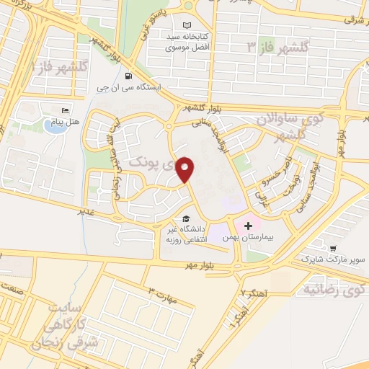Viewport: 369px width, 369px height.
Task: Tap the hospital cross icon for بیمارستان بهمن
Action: [x=249, y=226]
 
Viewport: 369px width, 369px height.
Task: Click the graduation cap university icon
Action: [x=185, y=218]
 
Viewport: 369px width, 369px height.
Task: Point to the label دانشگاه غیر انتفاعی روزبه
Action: [x=189, y=234]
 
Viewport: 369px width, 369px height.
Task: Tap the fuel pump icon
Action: [x=128, y=76]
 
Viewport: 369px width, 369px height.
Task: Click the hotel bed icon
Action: [x=66, y=110]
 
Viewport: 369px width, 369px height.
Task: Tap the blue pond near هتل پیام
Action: [x=53, y=127]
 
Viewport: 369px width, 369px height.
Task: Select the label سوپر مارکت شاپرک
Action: [x=332, y=257]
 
